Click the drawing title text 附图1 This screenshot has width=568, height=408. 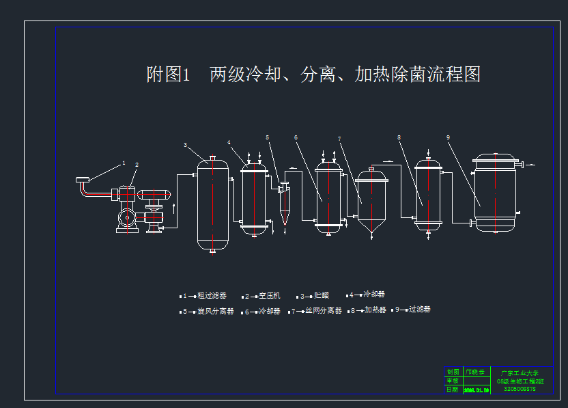point(167,74)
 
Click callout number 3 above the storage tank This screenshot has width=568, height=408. point(185,145)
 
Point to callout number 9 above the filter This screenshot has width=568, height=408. point(449,137)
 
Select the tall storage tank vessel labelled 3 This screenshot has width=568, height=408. point(212,205)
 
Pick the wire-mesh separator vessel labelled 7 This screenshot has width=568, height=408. point(371,202)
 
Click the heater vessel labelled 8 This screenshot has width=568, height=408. point(429,195)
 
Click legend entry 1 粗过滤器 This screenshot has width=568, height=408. point(203,296)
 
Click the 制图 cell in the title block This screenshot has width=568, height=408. point(453,372)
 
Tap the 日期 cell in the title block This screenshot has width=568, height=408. point(453,390)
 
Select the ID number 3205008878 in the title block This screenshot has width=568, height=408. point(520,390)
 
